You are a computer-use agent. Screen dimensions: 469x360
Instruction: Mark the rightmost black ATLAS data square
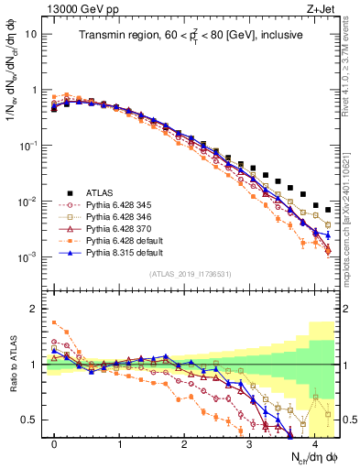click(328, 208)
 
